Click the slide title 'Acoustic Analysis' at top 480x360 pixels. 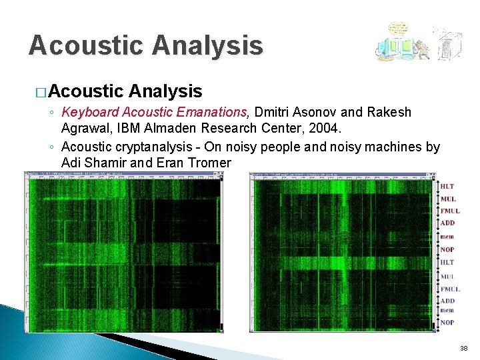[145, 45]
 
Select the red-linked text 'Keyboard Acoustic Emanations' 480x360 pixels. [154, 112]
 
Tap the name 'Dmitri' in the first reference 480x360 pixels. [275, 112]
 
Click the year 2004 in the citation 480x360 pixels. [325, 127]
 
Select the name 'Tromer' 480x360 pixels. [209, 163]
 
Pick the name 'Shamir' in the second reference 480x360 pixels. [107, 163]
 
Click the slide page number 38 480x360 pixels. [464, 349]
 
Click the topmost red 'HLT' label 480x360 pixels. [447, 186]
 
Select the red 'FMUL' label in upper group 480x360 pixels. [450, 211]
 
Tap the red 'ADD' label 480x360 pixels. [447, 223]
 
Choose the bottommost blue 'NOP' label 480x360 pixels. [447, 323]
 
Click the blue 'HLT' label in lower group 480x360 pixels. [447, 263]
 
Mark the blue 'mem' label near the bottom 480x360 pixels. [447, 310]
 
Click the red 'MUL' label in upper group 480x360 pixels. [448, 199]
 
